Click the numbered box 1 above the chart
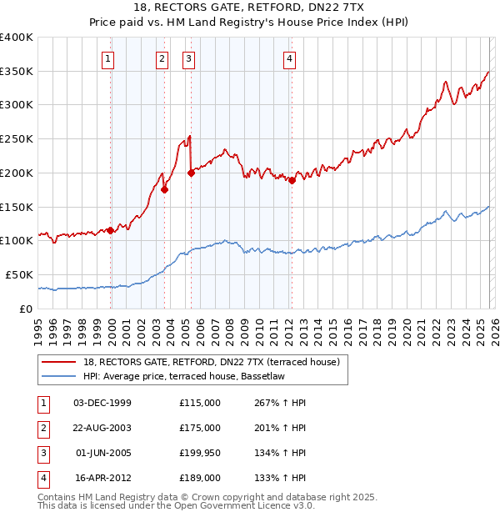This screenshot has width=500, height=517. tap(109, 58)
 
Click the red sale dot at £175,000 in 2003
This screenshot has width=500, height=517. tap(165, 189)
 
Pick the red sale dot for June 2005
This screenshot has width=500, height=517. tap(191, 173)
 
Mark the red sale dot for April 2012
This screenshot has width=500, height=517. tap(292, 180)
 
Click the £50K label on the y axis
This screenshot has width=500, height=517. tap(19, 274)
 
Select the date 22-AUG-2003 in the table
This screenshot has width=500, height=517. tap(102, 428)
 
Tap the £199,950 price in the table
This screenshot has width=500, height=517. tap(199, 453)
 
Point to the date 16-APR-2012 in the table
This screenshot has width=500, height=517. tap(102, 478)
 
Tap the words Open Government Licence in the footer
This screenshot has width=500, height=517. tap(233, 505)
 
